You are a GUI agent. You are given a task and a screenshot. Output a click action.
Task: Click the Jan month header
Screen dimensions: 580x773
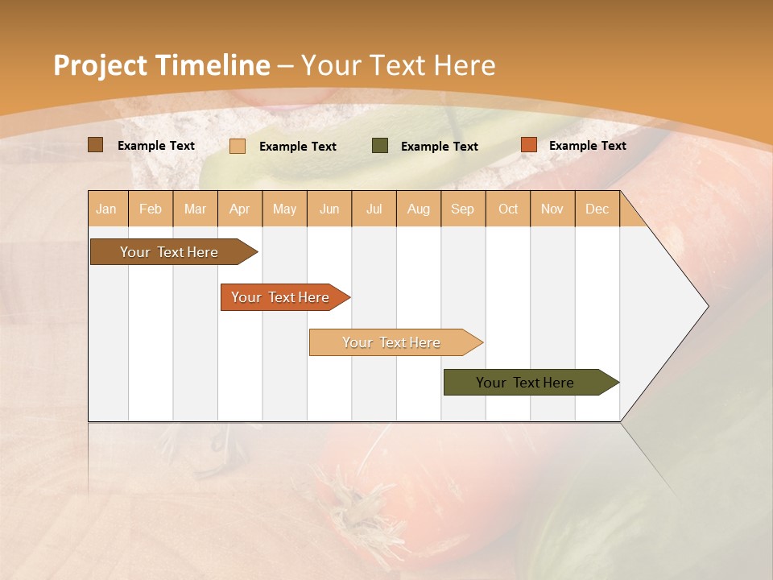coord(106,209)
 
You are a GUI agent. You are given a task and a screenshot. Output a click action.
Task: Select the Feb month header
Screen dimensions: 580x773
coord(151,209)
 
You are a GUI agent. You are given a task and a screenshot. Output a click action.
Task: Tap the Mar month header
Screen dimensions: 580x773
coord(195,209)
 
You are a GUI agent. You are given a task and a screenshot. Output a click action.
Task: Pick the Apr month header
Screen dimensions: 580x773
coord(240,209)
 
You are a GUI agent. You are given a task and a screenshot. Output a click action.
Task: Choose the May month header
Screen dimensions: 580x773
coord(284,209)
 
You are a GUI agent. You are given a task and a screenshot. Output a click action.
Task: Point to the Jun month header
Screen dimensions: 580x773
coord(329,209)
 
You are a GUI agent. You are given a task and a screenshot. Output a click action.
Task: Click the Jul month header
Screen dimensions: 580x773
coord(374,209)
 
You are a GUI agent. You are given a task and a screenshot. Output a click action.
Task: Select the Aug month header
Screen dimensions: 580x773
coord(419,209)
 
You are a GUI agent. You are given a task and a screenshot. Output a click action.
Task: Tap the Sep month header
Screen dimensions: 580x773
coord(463,209)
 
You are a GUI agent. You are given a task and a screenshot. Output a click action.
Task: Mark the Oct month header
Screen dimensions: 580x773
coord(508,209)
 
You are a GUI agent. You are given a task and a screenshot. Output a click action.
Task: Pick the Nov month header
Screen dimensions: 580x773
coord(552,209)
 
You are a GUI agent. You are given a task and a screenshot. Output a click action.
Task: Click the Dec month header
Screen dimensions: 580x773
coord(597,209)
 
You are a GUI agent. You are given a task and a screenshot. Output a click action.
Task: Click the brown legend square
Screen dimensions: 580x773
coord(96,145)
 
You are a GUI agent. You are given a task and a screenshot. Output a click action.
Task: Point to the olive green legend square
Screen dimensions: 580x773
coord(380,146)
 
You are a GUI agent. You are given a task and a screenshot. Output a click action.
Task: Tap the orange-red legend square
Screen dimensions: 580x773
coord(528,145)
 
